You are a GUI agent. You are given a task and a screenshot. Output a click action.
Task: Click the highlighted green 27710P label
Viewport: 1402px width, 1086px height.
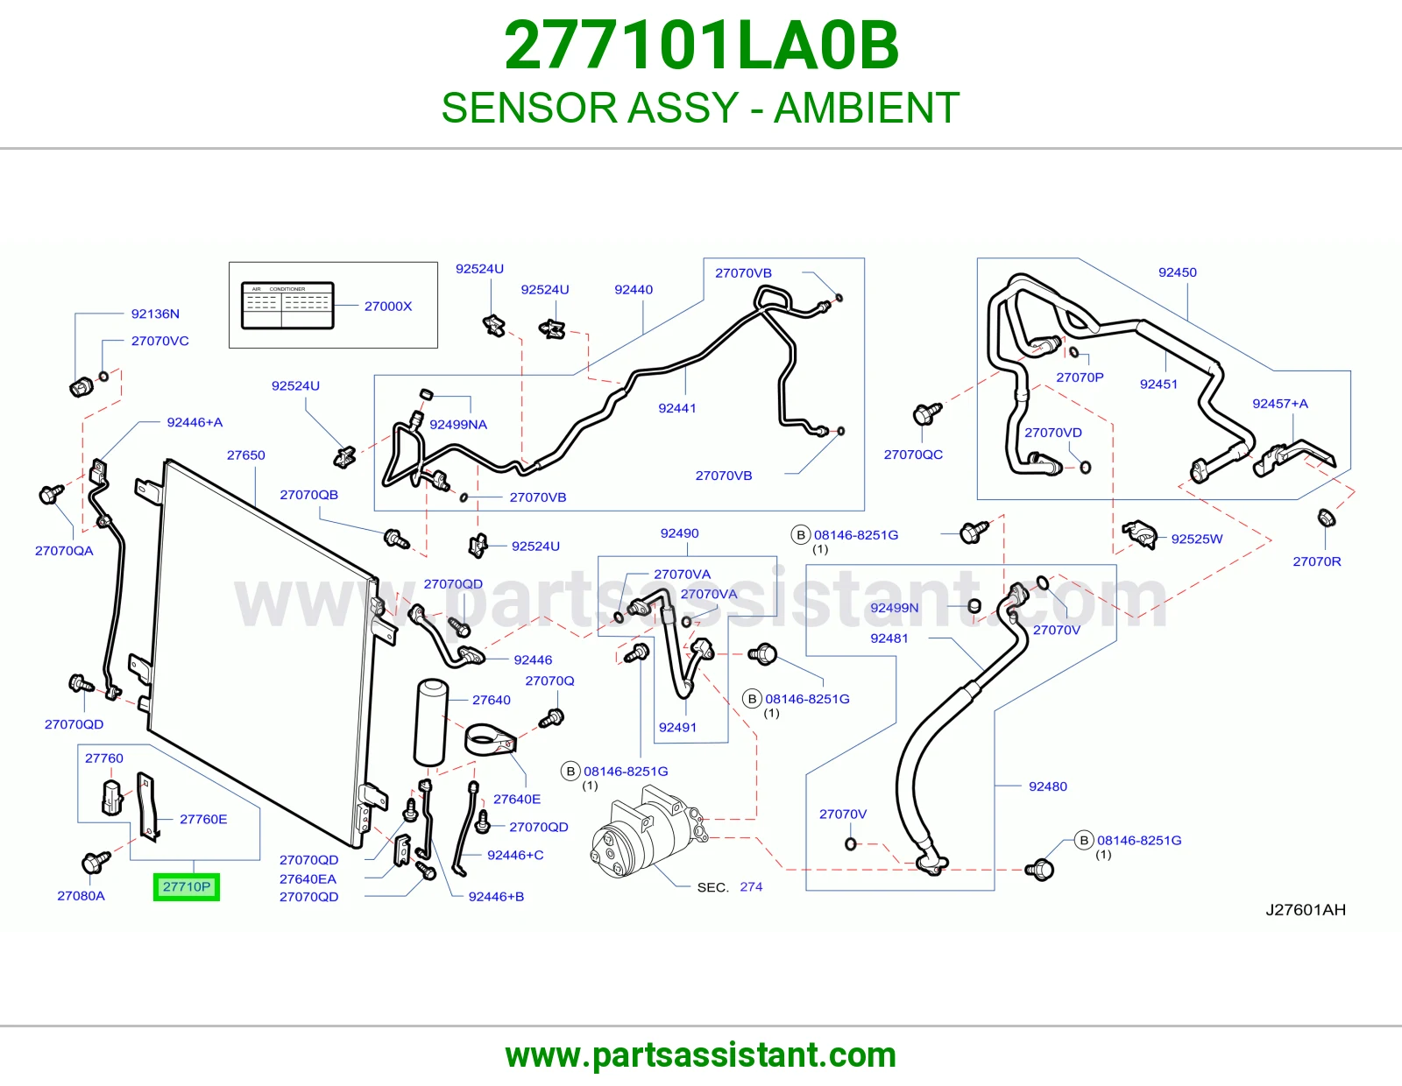pos(187,886)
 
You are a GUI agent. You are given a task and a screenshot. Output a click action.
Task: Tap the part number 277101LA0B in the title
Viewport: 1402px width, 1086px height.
pos(701,46)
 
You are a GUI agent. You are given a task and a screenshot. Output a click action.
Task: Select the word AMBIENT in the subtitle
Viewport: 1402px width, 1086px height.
pos(867,108)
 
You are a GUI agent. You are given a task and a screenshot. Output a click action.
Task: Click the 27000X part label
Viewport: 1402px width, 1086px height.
pos(388,307)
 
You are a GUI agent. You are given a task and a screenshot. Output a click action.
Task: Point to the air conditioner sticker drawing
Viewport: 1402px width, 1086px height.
pos(287,306)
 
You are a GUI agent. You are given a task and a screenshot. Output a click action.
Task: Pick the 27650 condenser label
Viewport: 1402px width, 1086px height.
pos(246,455)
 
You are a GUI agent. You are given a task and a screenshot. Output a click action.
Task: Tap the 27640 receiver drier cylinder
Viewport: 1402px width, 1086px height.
pos(431,722)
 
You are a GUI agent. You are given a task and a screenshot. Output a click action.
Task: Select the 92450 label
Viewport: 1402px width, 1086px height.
pos(1178,272)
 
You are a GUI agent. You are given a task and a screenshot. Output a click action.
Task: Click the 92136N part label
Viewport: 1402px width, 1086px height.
pos(155,314)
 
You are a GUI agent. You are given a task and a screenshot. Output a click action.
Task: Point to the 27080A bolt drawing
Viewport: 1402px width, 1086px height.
pos(96,862)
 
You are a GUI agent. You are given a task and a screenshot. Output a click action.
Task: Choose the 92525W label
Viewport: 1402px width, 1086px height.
pos(1197,539)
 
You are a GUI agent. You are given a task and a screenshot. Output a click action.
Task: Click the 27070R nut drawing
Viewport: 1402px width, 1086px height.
pos(1325,518)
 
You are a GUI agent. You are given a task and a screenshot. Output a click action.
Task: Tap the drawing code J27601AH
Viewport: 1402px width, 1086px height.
pos(1306,910)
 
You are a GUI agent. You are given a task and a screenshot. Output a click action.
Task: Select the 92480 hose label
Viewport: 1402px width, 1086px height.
pos(1048,786)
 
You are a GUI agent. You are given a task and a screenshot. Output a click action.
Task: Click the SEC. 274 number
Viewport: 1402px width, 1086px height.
pos(751,886)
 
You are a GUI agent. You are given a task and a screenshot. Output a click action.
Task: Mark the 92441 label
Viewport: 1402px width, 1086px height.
pos(677,408)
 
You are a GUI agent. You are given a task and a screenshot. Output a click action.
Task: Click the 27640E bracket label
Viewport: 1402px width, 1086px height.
pos(517,799)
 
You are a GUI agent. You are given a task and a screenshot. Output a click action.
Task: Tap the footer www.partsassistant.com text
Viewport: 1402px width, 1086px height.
pos(701,1055)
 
